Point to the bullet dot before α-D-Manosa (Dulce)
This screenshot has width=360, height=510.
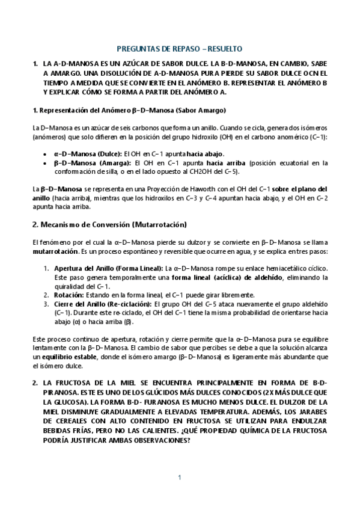coord(46,154)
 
